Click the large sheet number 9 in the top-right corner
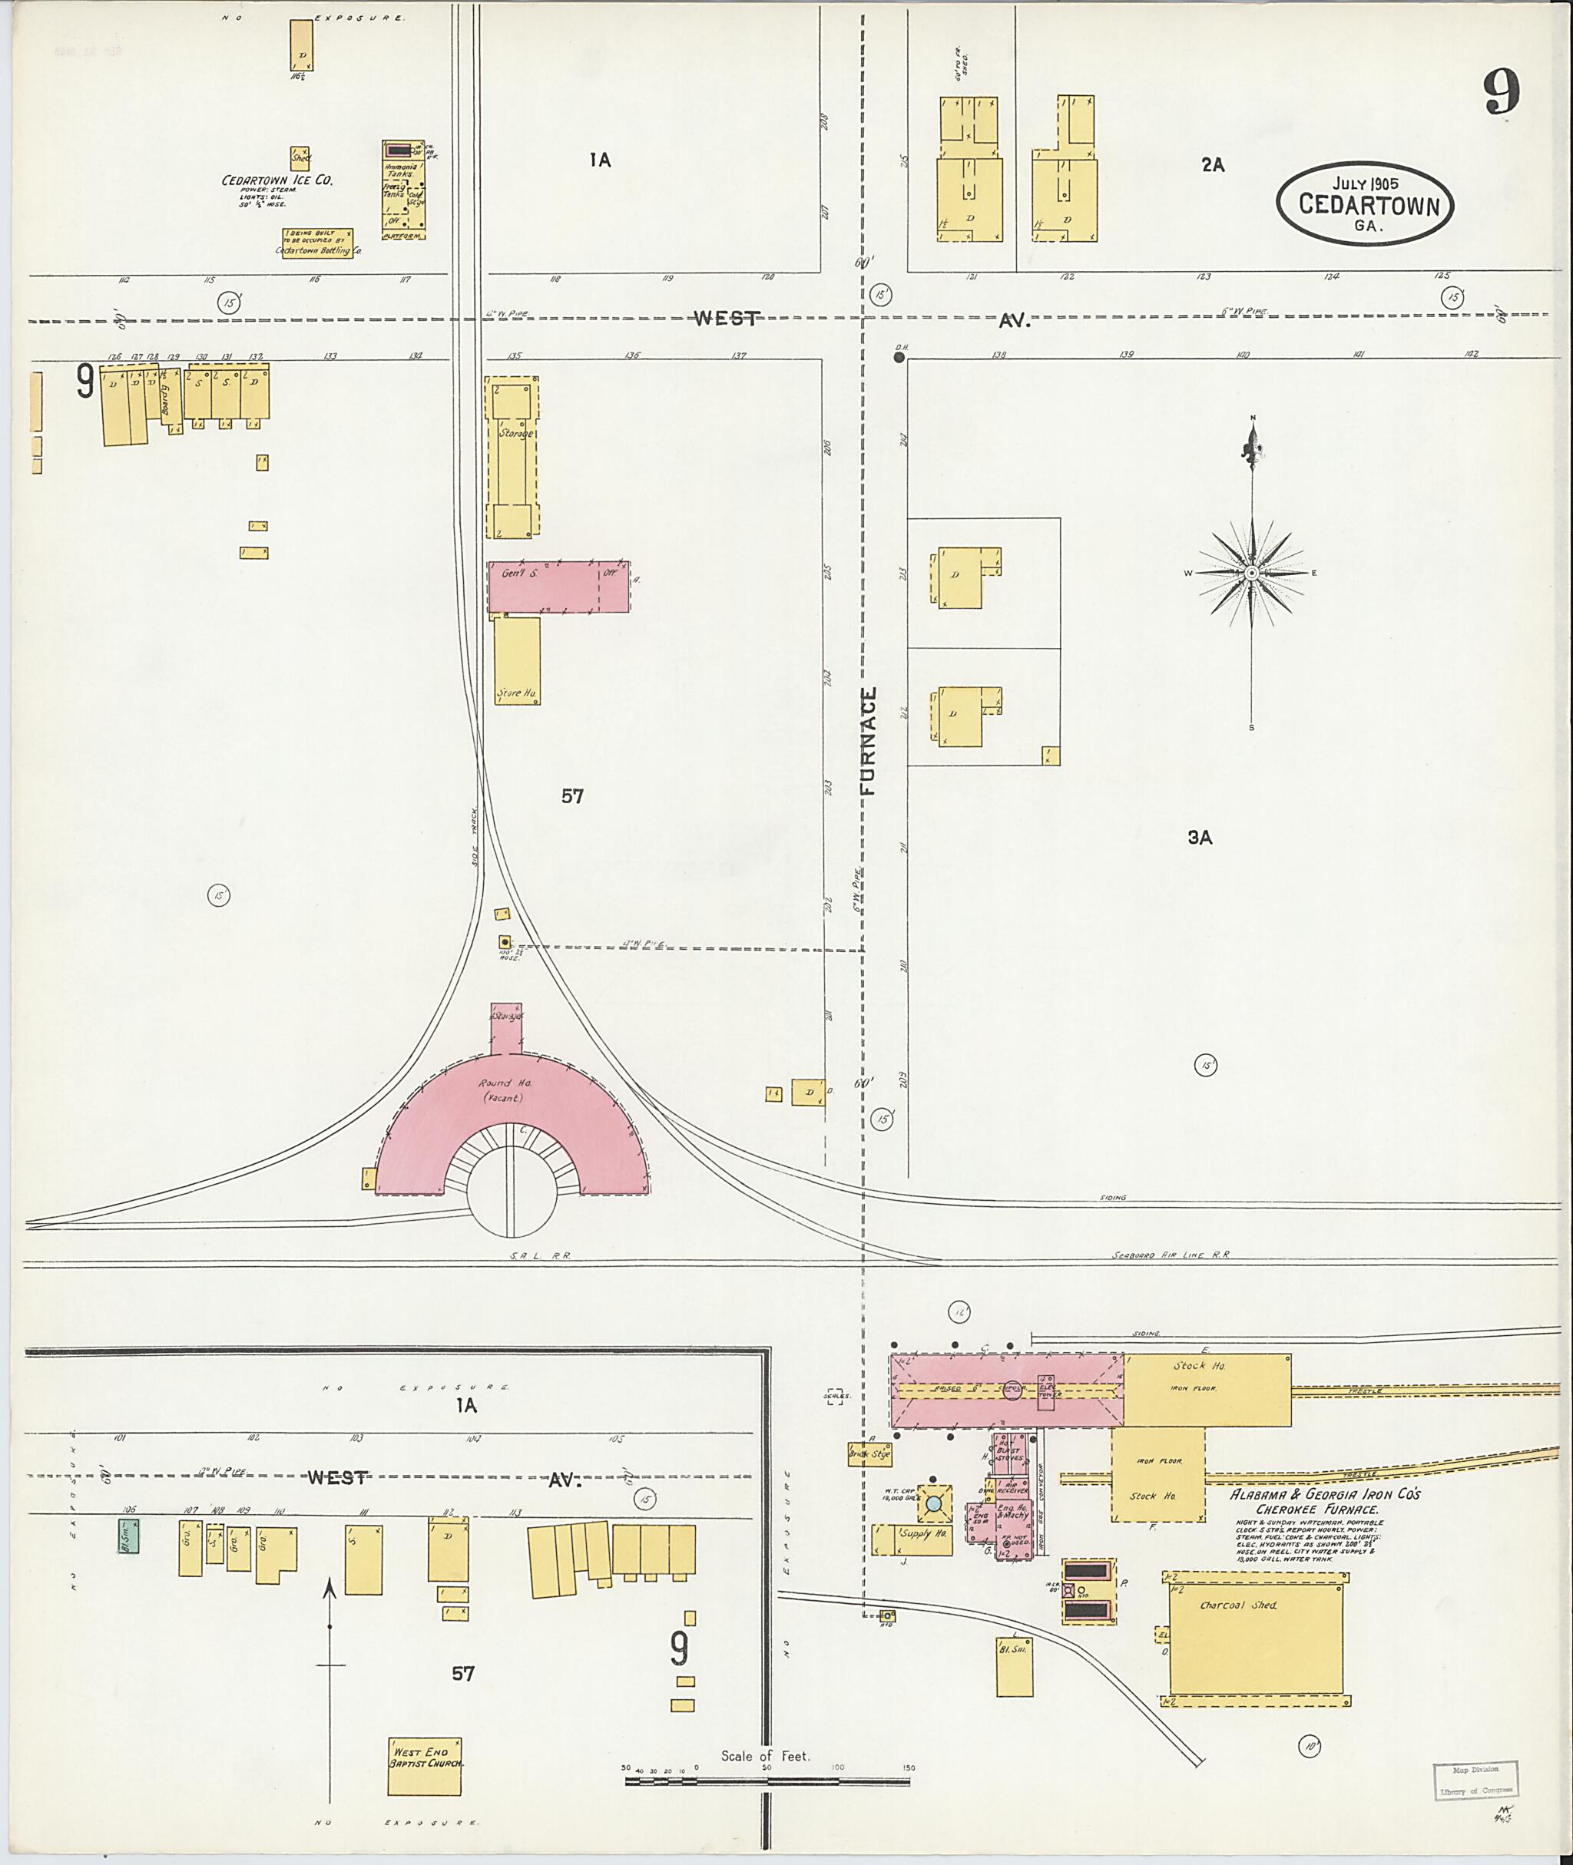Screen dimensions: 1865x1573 click(x=1501, y=93)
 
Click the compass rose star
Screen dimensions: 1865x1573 click(x=1252, y=572)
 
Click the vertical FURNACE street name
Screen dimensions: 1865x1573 click(x=869, y=740)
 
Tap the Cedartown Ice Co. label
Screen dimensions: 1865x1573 click(x=277, y=180)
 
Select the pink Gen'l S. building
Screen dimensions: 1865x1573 click(x=558, y=586)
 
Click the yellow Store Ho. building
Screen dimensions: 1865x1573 click(x=517, y=660)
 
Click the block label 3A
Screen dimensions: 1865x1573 click(x=1200, y=837)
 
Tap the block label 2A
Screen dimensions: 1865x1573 click(x=1212, y=165)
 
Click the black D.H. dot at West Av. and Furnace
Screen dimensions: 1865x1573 click(x=899, y=358)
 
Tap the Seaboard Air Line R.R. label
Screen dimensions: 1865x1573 click(x=1170, y=1255)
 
